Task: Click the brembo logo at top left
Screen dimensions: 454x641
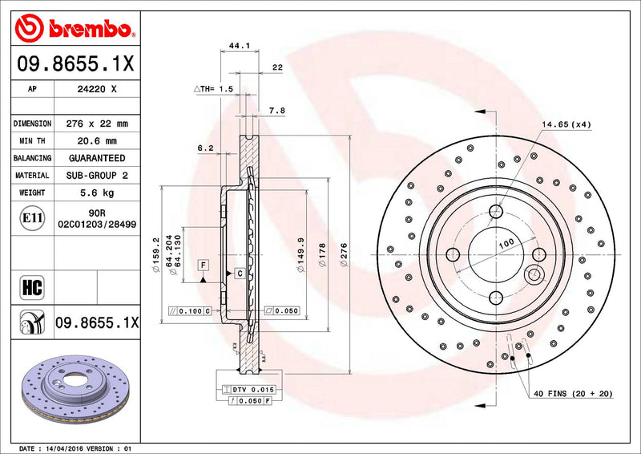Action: (73, 30)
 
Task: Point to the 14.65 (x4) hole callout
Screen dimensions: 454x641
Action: (565, 124)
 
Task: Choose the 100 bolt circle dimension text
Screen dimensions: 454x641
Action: (506, 242)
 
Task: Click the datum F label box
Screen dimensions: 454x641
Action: (204, 265)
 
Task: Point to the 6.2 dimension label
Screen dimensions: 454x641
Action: (204, 148)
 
